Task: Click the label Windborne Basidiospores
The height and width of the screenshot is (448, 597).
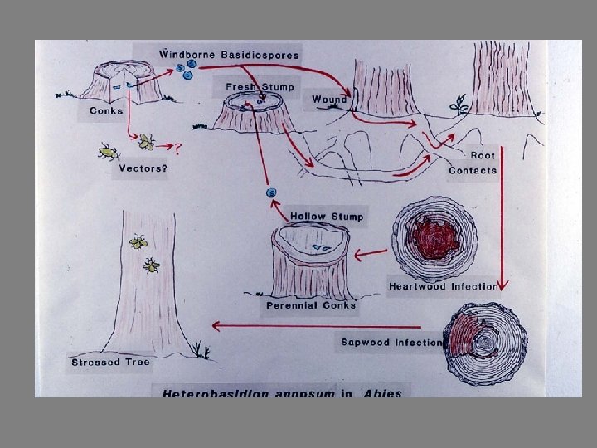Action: point(229,55)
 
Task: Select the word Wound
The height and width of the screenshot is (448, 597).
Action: point(329,100)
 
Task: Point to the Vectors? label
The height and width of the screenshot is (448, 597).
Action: point(143,168)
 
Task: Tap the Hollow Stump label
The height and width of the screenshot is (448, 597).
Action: point(326,217)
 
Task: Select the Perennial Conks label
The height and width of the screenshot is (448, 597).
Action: point(311,305)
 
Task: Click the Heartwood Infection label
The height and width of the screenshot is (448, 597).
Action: point(443,287)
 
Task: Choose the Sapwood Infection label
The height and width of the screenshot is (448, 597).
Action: point(391,342)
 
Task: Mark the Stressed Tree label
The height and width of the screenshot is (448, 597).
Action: point(106,363)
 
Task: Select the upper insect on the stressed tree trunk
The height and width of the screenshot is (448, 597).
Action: point(138,242)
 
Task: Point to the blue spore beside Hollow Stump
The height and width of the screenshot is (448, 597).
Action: point(270,193)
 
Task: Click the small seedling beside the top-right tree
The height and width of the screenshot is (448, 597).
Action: point(458,105)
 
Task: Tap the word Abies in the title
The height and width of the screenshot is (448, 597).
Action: point(382,392)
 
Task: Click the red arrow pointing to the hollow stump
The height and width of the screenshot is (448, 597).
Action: point(370,251)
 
